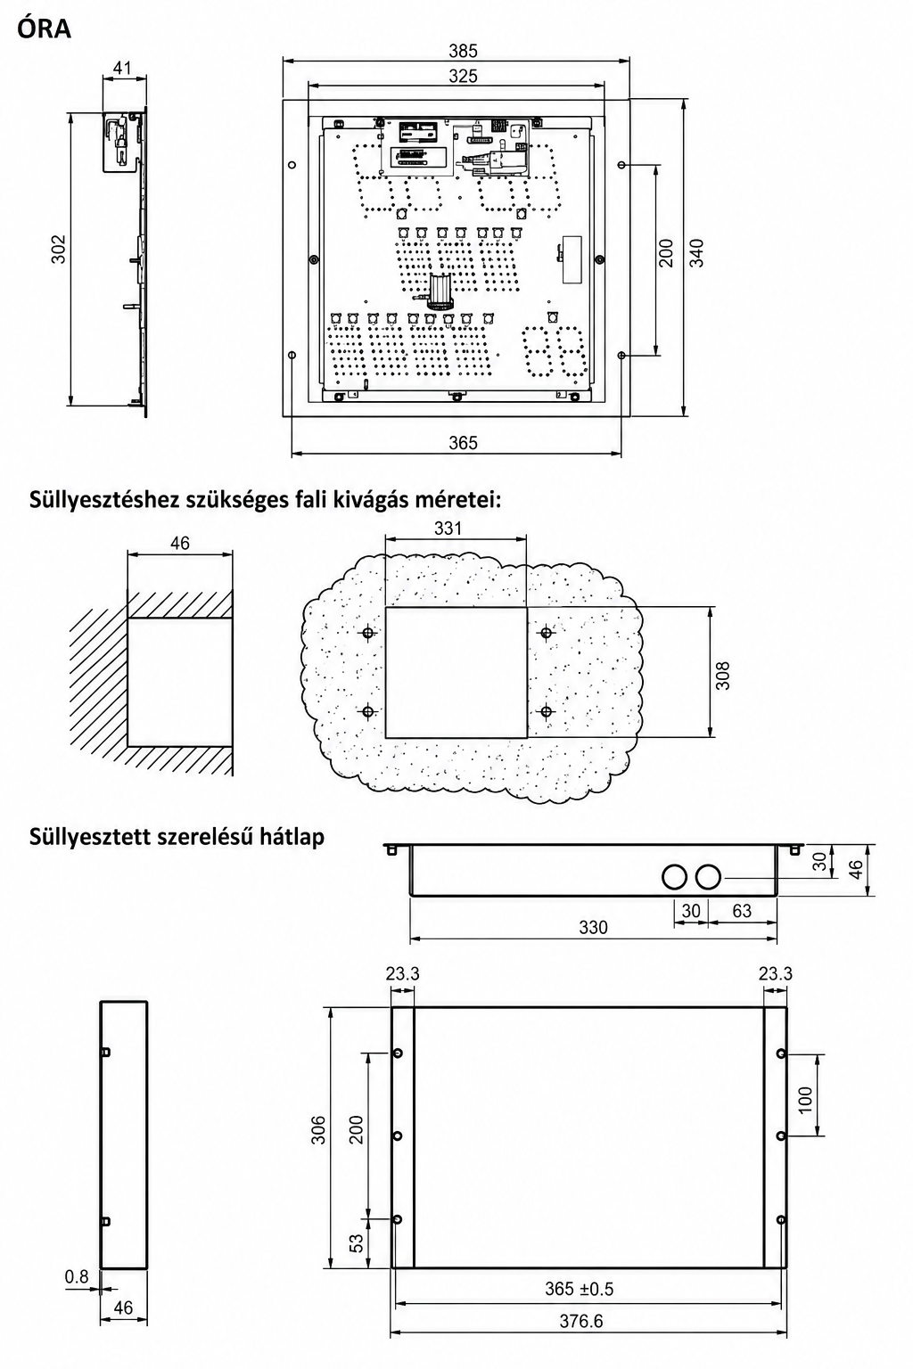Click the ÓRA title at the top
(44, 29)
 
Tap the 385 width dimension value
(463, 51)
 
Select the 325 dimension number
(463, 77)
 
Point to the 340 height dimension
(696, 252)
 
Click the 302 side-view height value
(58, 249)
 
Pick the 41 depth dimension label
(122, 67)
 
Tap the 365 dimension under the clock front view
(463, 442)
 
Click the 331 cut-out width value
(448, 528)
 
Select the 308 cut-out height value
(723, 676)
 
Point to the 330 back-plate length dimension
(593, 927)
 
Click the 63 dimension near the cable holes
(741, 911)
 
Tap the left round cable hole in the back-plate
(675, 877)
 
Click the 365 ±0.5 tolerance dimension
(579, 1289)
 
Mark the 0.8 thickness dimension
(77, 1276)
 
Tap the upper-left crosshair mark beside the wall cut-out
(367, 633)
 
